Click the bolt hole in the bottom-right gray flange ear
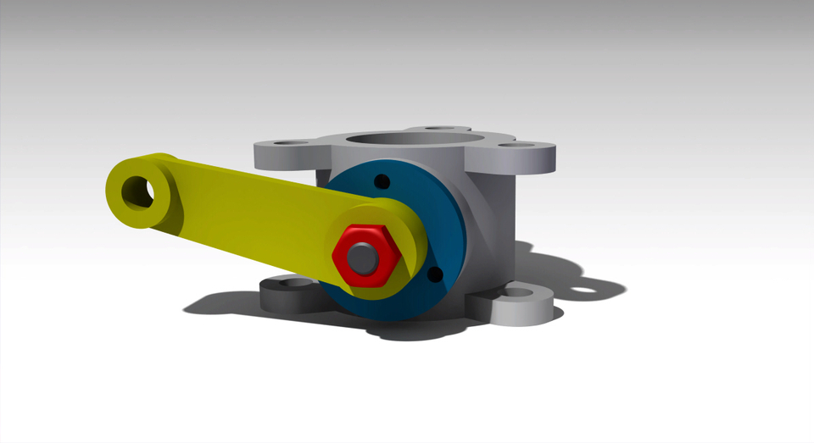click(x=520, y=293)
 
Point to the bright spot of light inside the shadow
click(x=583, y=292)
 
